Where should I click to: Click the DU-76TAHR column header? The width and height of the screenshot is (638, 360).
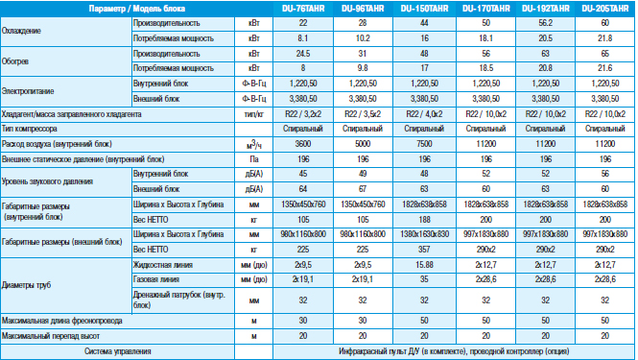click(303, 9)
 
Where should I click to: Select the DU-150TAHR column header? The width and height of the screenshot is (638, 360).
click(424, 9)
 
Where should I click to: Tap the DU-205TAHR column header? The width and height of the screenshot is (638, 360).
click(605, 9)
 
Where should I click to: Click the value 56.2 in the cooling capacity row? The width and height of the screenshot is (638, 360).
click(545, 23)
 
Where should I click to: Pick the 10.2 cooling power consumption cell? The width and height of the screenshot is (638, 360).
click(363, 38)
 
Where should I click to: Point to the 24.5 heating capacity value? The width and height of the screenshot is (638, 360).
click(303, 54)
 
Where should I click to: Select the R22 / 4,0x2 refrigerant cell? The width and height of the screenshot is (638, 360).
click(424, 114)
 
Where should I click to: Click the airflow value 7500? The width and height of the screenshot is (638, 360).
click(424, 144)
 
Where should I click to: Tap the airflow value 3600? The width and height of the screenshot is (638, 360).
click(303, 144)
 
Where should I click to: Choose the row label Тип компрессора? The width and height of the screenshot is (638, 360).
click(30, 129)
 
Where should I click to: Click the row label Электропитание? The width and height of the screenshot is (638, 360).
click(28, 91)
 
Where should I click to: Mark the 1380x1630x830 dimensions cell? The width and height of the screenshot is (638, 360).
click(424, 234)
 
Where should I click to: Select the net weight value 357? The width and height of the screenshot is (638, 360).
click(424, 250)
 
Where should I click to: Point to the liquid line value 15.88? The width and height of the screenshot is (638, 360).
click(424, 265)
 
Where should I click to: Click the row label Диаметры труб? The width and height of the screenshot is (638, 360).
click(26, 285)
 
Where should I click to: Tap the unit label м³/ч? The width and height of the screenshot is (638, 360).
click(254, 144)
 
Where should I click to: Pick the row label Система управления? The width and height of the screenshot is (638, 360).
click(118, 351)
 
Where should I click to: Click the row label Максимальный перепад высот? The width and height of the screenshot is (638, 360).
click(51, 336)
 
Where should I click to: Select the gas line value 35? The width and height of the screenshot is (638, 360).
click(424, 279)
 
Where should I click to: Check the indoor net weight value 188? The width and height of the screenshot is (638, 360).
click(424, 220)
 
